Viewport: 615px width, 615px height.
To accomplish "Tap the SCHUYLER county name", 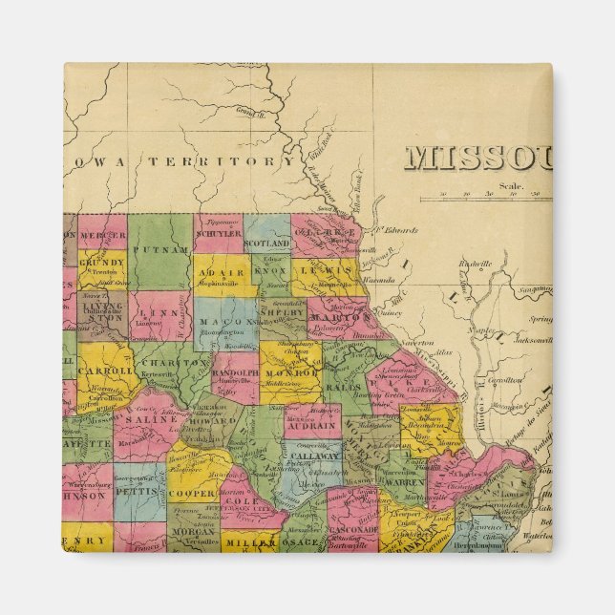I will (x=219, y=233).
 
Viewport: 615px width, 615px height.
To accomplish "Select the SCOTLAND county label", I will (x=266, y=243).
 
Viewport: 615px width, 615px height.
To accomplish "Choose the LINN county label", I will (x=154, y=311).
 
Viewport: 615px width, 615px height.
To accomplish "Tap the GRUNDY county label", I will (x=101, y=262).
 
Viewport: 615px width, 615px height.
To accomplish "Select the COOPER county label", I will (x=193, y=494).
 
